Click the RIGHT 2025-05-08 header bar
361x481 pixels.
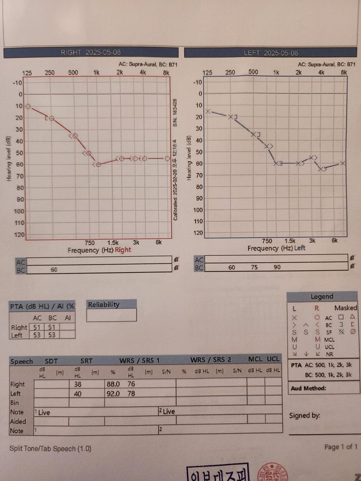91,53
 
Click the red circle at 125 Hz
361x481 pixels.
28,106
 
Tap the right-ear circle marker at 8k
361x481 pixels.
167,158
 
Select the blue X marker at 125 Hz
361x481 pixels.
208,111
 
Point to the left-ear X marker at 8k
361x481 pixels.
342,163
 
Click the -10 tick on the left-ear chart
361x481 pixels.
197,82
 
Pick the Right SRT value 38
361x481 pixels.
77,384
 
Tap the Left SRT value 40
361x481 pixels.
77,393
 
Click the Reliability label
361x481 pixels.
104,304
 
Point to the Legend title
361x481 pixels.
322,296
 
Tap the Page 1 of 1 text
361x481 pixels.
341,446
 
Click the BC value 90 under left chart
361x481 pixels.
277,267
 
